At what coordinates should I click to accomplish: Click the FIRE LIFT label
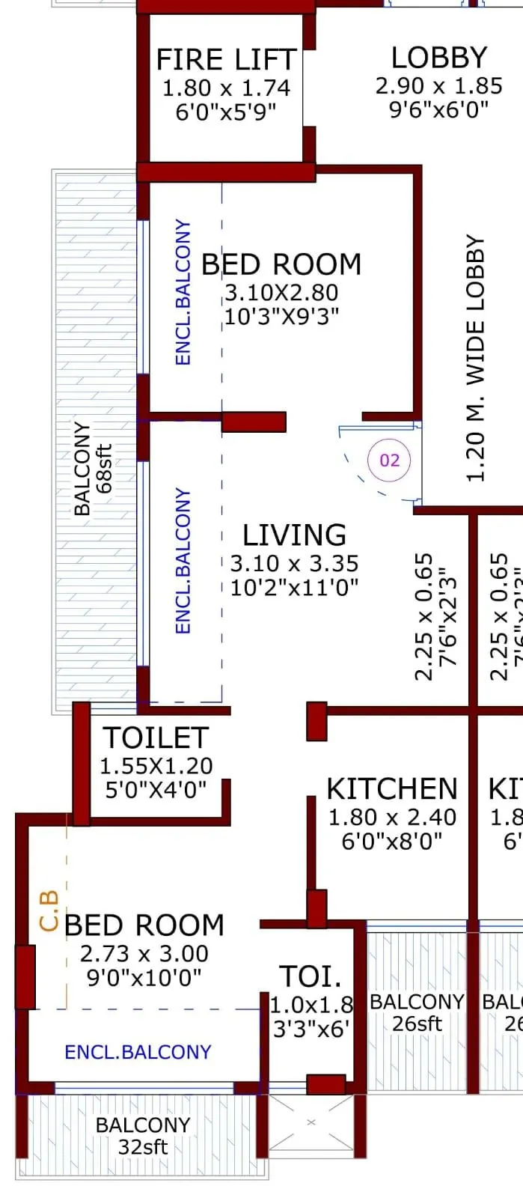pyautogui.click(x=226, y=59)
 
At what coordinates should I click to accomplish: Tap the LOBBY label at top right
pyautogui.click(x=439, y=58)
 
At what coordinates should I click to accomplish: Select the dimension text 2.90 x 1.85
pyautogui.click(x=439, y=85)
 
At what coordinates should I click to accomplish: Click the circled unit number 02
pyautogui.click(x=390, y=460)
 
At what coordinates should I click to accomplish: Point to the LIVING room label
pyautogui.click(x=294, y=535)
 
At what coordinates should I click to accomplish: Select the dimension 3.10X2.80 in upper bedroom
pyautogui.click(x=281, y=293)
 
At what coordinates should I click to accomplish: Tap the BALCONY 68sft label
pyautogui.click(x=93, y=469)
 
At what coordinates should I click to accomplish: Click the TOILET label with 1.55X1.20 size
pyautogui.click(x=156, y=738)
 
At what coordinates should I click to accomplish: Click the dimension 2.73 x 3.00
pyautogui.click(x=144, y=954)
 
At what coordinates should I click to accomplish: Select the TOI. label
pyautogui.click(x=311, y=976)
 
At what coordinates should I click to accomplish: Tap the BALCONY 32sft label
pyautogui.click(x=143, y=1135)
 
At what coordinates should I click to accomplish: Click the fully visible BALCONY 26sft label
pyautogui.click(x=417, y=1012)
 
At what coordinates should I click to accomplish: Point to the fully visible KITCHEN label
pyautogui.click(x=392, y=789)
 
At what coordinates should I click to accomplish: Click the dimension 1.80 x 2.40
pyautogui.click(x=392, y=817)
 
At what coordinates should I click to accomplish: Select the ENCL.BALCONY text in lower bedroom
pyautogui.click(x=138, y=1052)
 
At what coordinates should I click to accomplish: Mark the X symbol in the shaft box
pyautogui.click(x=311, y=1122)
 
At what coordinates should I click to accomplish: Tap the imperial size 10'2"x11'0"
pyautogui.click(x=294, y=587)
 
